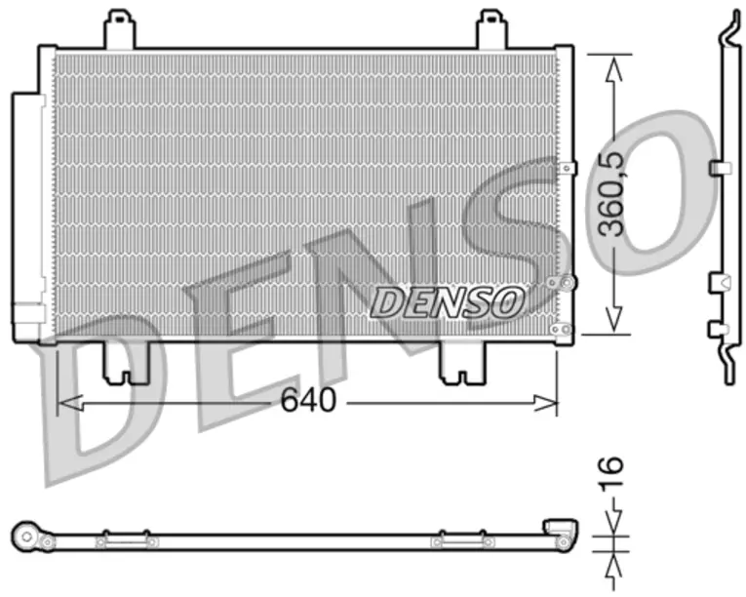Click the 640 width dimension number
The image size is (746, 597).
308,400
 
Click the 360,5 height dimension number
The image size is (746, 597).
610,194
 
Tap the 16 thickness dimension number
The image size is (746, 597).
610,474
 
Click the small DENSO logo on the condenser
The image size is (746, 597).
447,302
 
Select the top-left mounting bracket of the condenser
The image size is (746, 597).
119,29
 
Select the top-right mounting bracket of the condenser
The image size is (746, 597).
491,29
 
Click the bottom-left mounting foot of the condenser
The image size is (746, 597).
126,363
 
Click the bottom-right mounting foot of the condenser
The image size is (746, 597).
463,363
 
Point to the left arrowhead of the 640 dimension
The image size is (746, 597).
70,403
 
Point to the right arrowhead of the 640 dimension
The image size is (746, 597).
544,403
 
